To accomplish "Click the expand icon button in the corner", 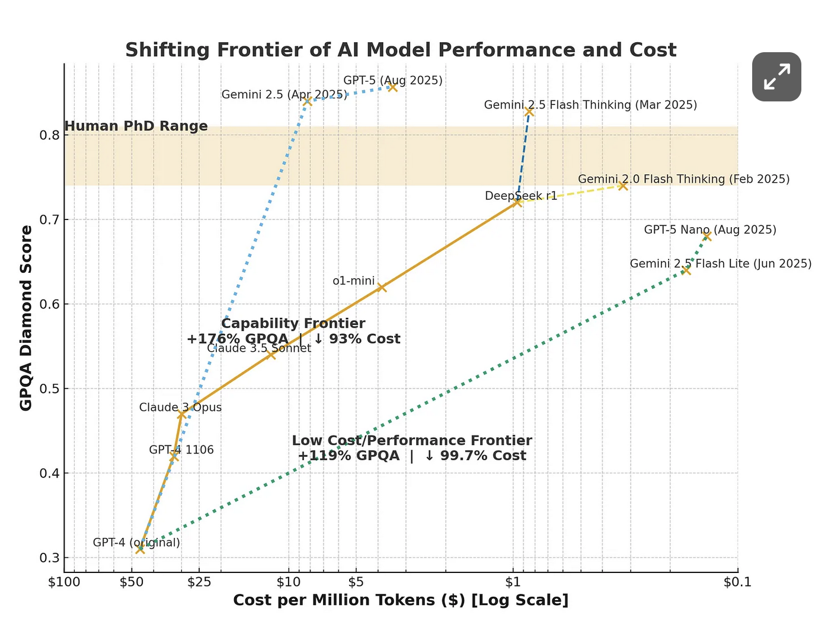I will [776, 77].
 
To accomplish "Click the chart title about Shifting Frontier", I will [401, 50].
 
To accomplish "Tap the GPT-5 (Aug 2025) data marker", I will [392, 87].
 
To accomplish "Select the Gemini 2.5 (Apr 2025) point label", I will [284, 95].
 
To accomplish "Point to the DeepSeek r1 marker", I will [517, 202].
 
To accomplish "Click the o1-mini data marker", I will [381, 287].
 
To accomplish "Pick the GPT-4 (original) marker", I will [140, 549].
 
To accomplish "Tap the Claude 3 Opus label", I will [180, 407].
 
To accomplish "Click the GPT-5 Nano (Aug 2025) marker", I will [707, 236].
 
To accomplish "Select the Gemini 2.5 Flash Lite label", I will [720, 263].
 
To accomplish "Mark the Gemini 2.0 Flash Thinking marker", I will [622, 186].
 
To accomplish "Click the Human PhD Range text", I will [136, 126].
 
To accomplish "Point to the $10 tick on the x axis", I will [289, 582].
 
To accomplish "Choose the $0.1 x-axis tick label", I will [737, 582].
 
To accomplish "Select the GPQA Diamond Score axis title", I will [26, 318].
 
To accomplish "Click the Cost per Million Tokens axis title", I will [401, 600].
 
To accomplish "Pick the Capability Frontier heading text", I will [293, 323].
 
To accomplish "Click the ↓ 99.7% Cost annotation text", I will [475, 455].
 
